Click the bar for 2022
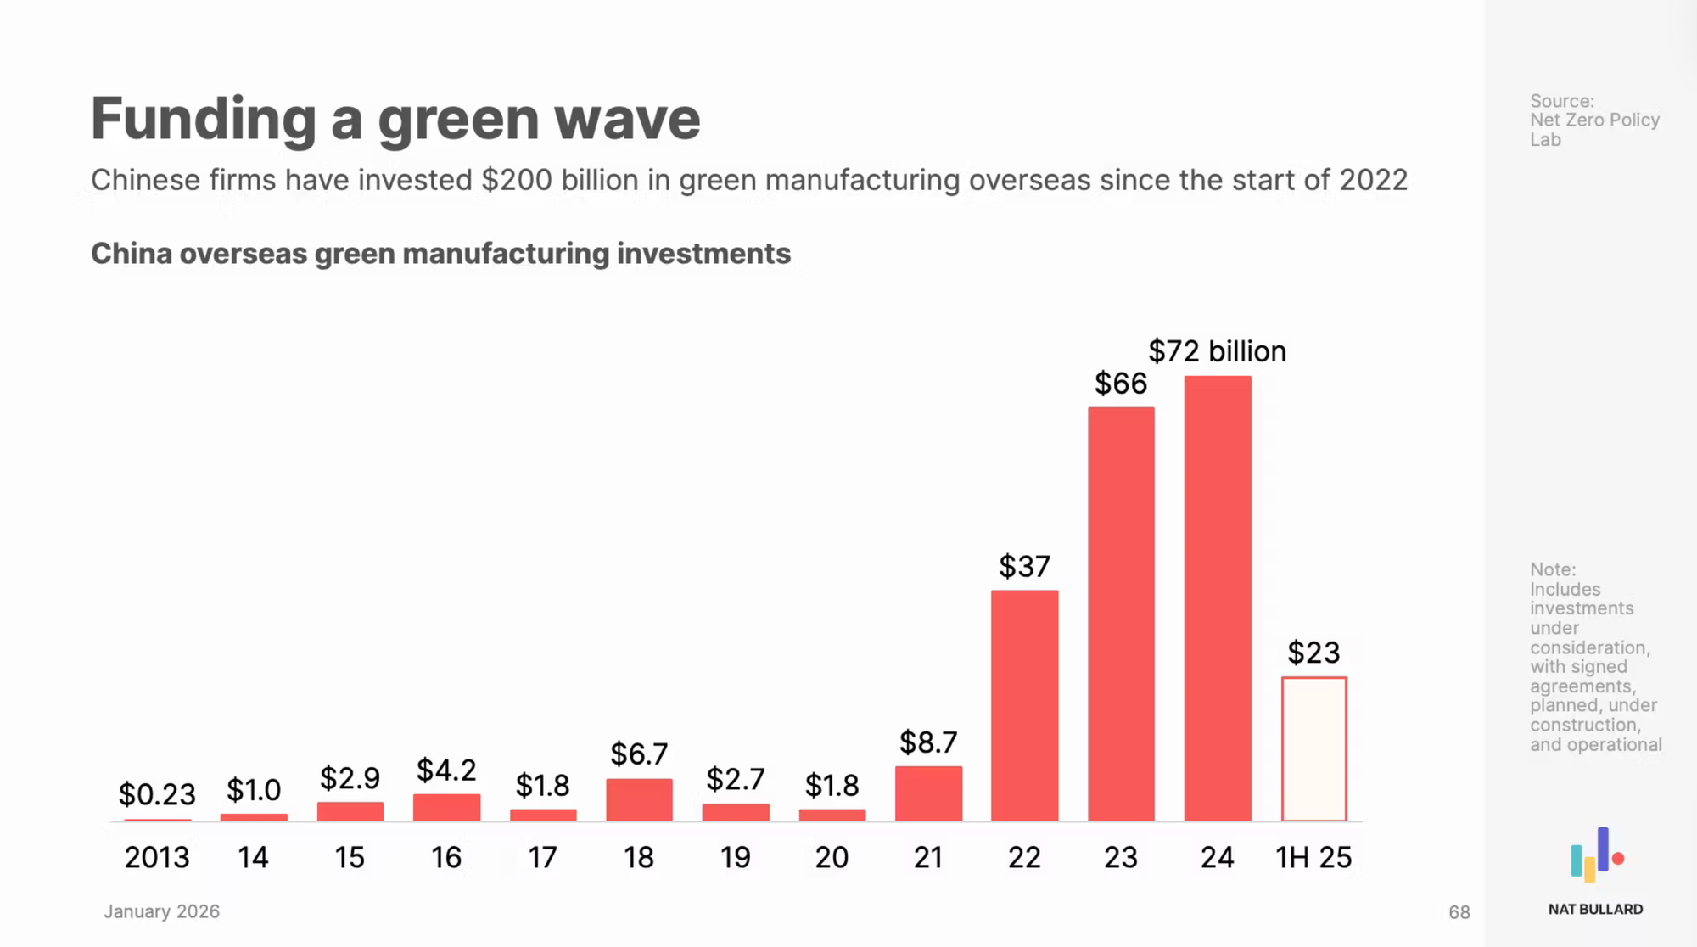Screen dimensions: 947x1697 click(x=1024, y=705)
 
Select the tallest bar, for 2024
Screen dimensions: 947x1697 click(x=1218, y=598)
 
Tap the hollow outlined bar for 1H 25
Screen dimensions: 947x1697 click(x=1313, y=748)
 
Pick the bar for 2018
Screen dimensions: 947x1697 click(x=639, y=799)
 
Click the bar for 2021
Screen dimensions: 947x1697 click(x=928, y=793)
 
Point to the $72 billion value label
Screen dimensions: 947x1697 click(x=1217, y=351)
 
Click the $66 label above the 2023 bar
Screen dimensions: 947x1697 click(x=1120, y=384)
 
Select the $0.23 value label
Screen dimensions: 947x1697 click(x=157, y=794)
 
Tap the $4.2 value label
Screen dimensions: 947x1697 click(x=446, y=770)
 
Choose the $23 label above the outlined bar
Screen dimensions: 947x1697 click(x=1313, y=653)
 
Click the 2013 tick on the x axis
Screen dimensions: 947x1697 click(x=157, y=857)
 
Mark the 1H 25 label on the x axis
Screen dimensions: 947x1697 click(x=1313, y=857)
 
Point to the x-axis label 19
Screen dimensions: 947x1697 click(x=736, y=857)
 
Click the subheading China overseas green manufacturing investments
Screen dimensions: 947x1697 click(x=440, y=254)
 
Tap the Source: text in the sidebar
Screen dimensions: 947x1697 click(x=1562, y=101)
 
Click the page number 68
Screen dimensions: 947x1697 click(x=1459, y=912)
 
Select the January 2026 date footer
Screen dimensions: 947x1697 click(x=161, y=911)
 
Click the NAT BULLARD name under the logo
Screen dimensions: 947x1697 click(x=1595, y=910)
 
